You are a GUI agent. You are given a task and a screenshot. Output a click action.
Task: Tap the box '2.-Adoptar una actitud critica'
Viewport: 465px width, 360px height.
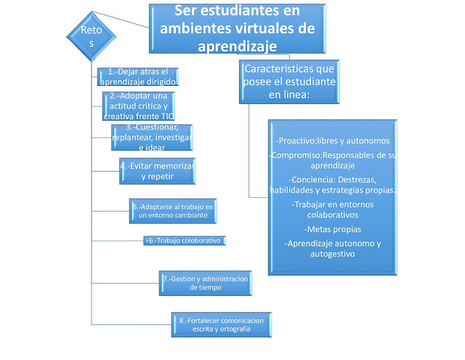click(x=139, y=106)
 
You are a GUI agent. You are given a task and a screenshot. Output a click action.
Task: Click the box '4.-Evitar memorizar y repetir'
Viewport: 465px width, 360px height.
click(x=158, y=170)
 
